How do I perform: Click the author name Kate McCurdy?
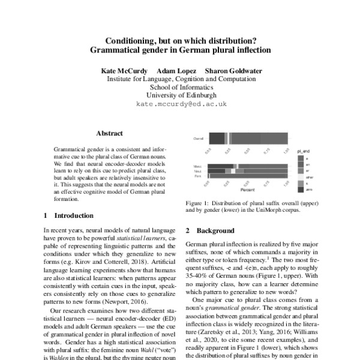point(124,71)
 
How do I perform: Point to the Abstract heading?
point(109,133)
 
